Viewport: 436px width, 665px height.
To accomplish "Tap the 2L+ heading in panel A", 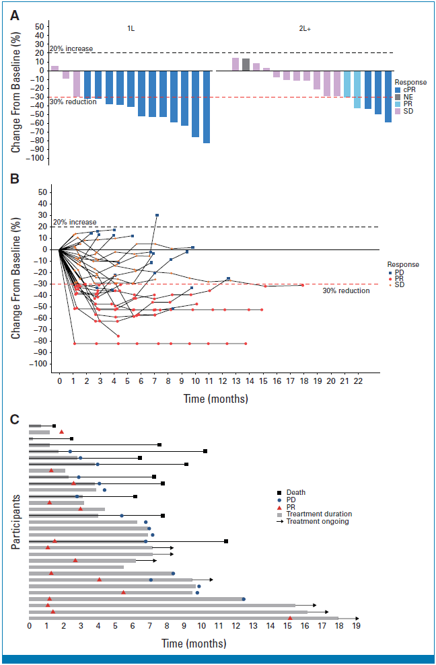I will pyautogui.click(x=304, y=29).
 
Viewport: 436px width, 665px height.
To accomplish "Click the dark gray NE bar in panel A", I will pyautogui.click(x=246, y=65).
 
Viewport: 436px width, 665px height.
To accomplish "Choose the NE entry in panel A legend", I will pyautogui.click(x=406, y=97).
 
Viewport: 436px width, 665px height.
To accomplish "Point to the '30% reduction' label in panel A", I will pyautogui.click(x=69, y=102).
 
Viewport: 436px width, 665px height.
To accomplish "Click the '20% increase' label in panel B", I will pyautogui.click(x=75, y=223).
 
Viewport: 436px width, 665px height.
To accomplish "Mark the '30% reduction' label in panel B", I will pyautogui.click(x=346, y=291).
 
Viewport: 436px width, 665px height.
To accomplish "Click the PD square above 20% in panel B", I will pyautogui.click(x=157, y=215).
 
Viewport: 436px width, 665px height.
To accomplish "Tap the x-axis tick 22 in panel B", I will pyautogui.click(x=359, y=381).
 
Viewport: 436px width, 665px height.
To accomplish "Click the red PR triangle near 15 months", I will pyautogui.click(x=290, y=618).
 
